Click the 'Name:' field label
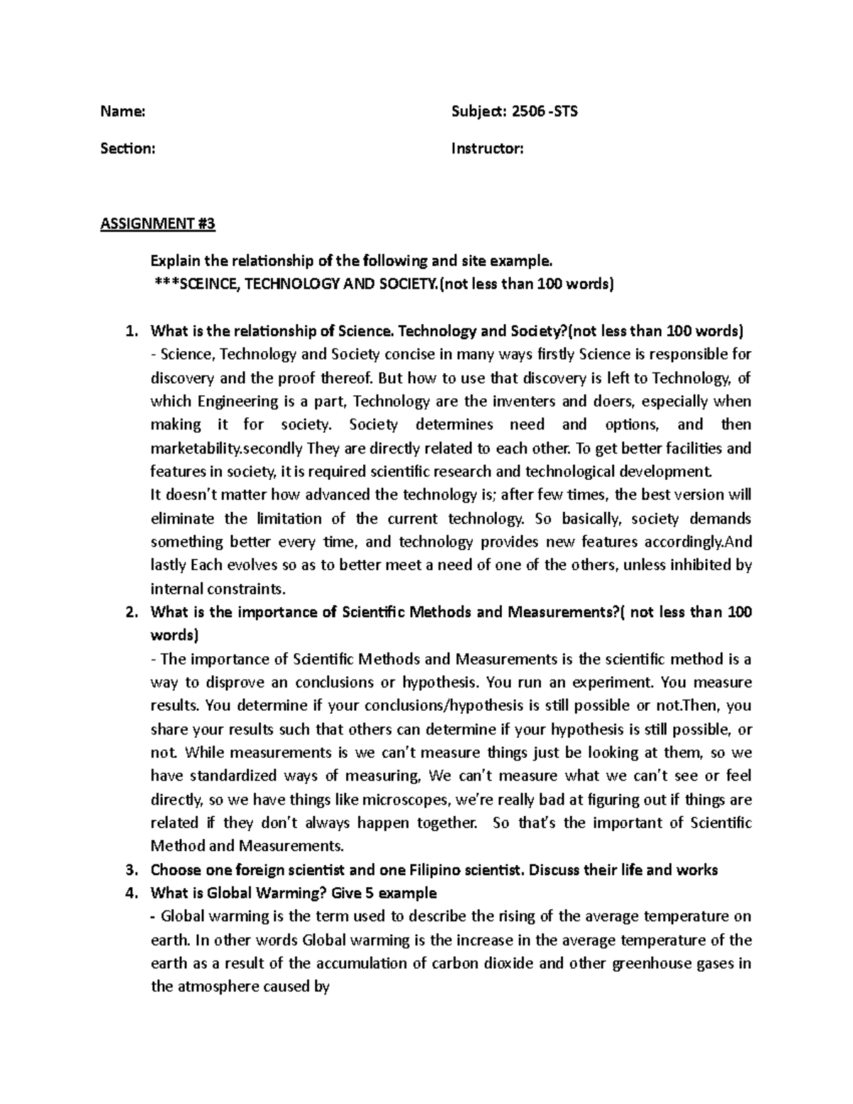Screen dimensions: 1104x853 123,112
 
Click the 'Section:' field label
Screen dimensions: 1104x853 128,149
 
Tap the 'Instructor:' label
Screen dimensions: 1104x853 488,149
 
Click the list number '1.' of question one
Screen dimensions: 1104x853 129,331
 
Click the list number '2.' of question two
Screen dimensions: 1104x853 129,612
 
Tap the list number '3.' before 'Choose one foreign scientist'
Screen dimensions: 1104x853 129,869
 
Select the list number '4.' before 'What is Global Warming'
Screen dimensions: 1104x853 129,893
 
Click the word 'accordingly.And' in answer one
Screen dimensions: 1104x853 698,542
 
